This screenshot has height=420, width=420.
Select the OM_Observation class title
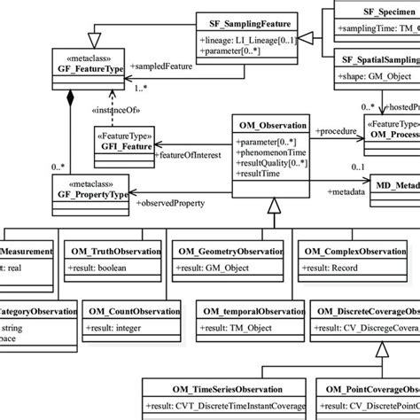point(270,124)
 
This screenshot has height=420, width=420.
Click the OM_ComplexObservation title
point(355,251)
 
